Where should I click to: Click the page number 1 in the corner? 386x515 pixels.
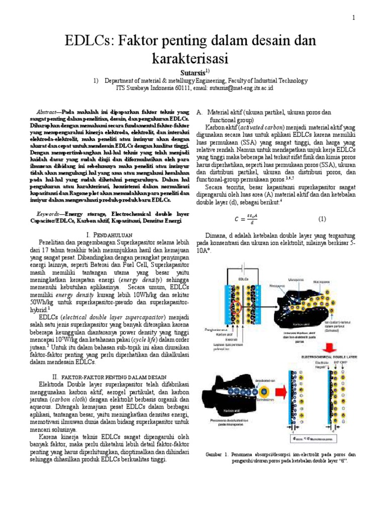coord(353,18)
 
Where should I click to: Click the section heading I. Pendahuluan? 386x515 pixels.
coord(109,235)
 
